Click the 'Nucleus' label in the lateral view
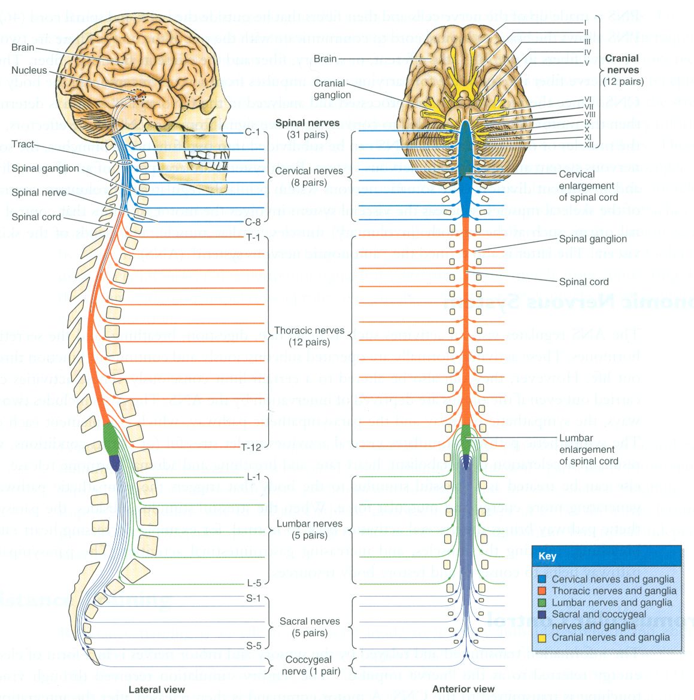pos(29,71)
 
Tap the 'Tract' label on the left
pos(23,144)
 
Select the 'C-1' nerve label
pos(252,132)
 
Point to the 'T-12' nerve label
pos(251,447)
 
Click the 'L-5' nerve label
pos(253,583)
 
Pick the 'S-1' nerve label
pos(253,598)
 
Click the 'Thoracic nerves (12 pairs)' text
pos(309,336)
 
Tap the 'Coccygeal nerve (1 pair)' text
pos(309,665)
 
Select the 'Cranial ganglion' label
pos(332,89)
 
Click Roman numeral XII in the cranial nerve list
pos(589,145)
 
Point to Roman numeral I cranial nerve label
pos(585,23)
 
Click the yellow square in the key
pos(542,638)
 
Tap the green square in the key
pos(542,602)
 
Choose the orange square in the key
pos(542,591)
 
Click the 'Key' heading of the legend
pos(547,556)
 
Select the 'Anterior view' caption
pos(463,689)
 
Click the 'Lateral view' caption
pos(156,689)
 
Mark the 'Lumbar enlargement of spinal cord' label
pos(588,449)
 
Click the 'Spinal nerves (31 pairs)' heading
pos(307,129)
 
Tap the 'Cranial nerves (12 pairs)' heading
pos(622,69)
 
